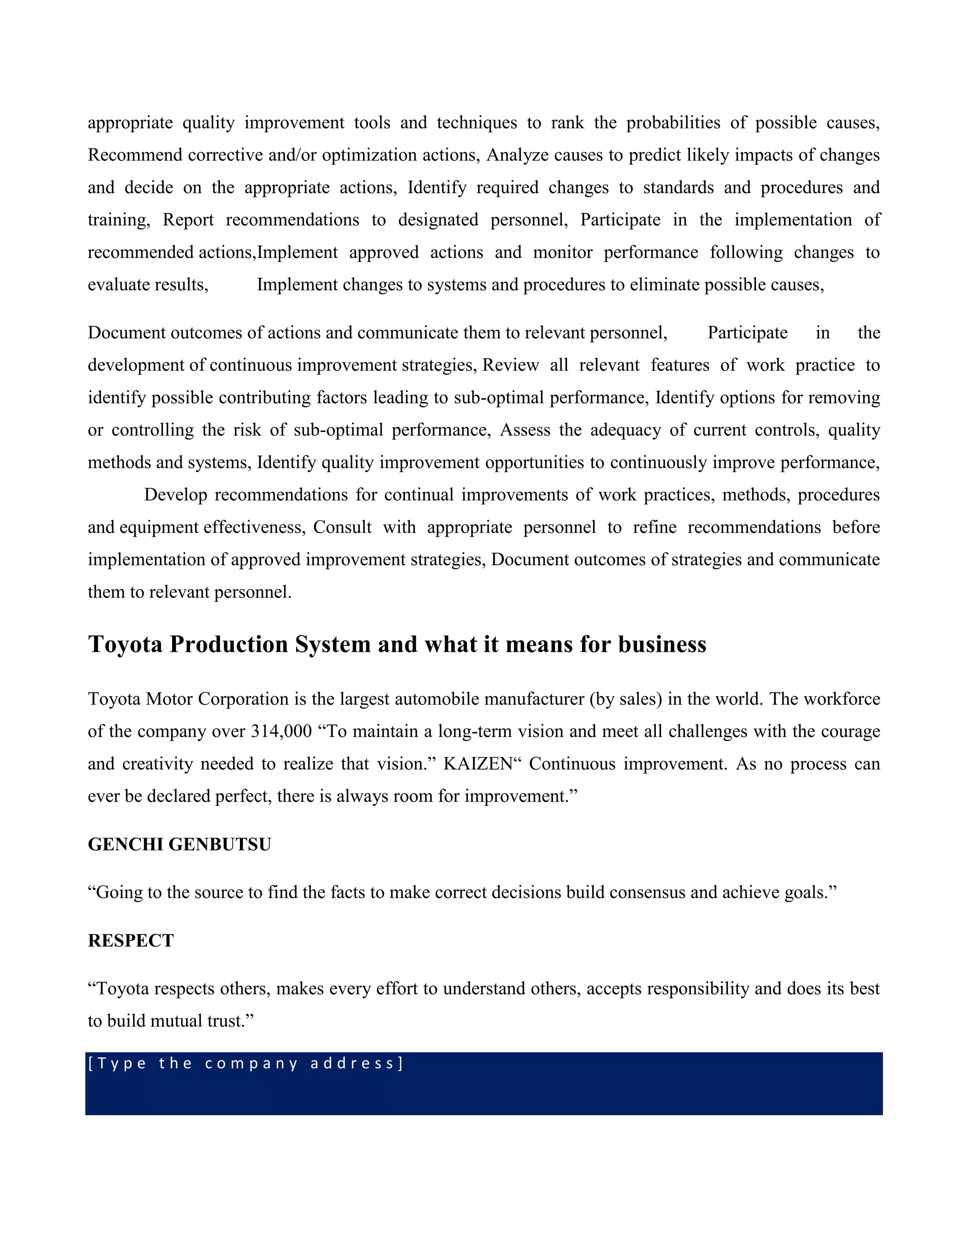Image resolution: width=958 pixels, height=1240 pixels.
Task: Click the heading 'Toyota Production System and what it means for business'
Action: point(397,644)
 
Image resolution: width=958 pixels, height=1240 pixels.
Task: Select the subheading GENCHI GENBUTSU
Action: point(179,844)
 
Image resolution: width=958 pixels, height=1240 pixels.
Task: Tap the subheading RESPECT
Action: point(131,941)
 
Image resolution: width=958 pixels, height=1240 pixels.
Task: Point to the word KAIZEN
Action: point(478,764)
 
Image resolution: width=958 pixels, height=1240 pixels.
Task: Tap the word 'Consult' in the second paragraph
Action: point(342,527)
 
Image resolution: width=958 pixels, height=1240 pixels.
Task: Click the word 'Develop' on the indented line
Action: point(175,495)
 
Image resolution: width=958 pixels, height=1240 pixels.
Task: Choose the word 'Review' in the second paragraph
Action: point(510,365)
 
